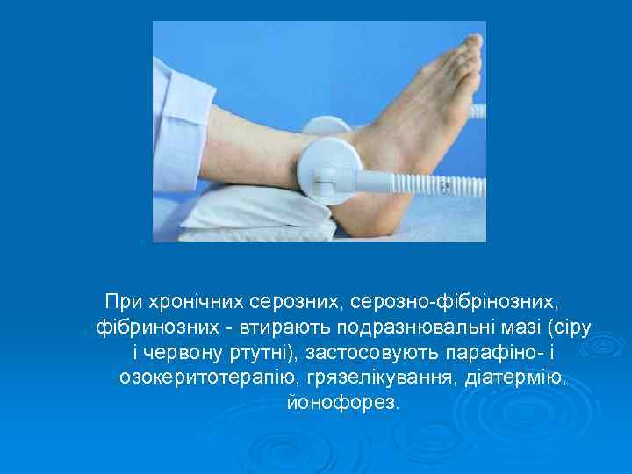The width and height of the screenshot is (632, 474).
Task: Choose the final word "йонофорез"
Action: click(x=341, y=404)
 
